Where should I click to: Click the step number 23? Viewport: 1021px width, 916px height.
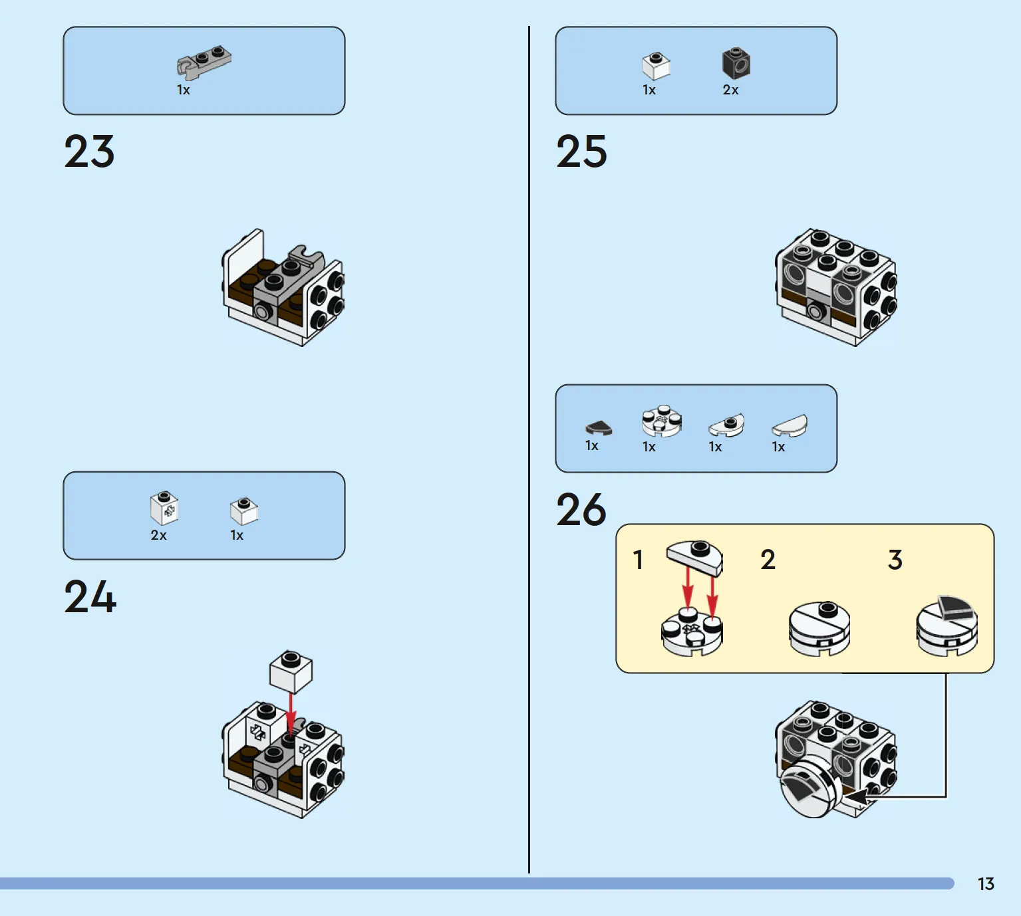coord(89,151)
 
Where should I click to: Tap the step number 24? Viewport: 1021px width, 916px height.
coord(90,596)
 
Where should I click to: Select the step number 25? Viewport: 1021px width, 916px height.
coord(581,151)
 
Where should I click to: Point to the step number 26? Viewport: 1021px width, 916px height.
coord(581,509)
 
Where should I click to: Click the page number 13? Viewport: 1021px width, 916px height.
coord(986,884)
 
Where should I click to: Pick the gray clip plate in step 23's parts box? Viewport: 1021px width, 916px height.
coord(204,62)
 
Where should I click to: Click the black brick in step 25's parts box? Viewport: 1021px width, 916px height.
coord(736,63)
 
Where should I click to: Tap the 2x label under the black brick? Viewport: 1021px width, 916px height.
coord(730,90)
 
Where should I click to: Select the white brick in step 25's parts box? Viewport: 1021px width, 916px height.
coord(656,66)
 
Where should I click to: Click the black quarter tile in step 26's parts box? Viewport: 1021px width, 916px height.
coord(599,427)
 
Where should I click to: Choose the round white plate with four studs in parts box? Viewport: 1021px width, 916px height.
coord(662,421)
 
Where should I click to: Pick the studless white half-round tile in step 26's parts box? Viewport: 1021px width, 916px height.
coord(789,426)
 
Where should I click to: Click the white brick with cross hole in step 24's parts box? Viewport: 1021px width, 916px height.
coord(164,508)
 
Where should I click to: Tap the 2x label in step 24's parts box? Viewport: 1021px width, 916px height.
coord(158,535)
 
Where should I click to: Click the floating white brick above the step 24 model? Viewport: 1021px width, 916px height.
coord(291,672)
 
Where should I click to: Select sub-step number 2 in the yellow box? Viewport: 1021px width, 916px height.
coord(768,560)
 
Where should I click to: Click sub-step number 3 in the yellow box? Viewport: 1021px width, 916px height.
coord(895,560)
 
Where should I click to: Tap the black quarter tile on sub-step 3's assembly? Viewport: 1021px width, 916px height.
coord(956,607)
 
